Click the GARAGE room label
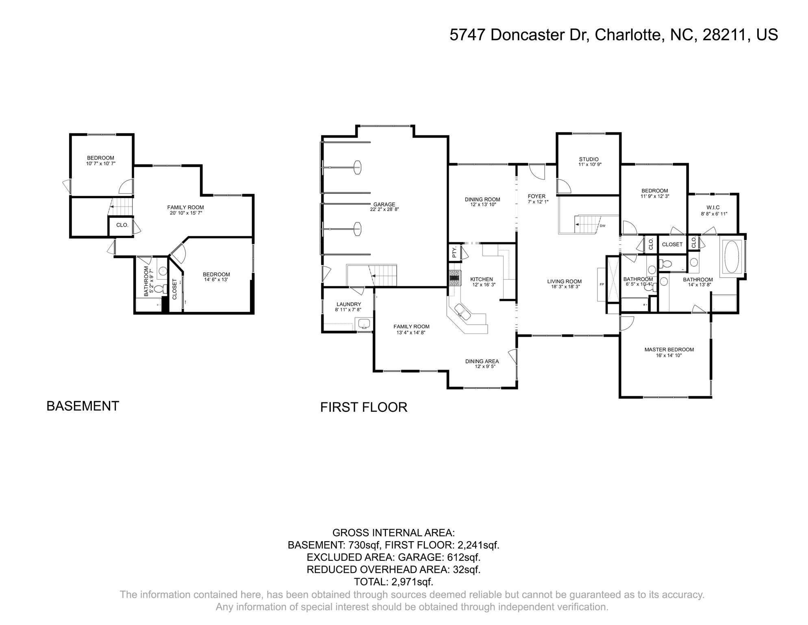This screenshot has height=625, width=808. pos(384,204)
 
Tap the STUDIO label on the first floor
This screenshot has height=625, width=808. pos(589,159)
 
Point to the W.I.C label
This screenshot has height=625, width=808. pos(713,208)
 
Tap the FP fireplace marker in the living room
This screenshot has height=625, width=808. pos(602,284)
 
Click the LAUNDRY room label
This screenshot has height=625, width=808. pos(348,304)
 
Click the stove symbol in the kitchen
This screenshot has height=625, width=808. pos(454,279)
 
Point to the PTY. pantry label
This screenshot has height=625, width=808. pos(454,252)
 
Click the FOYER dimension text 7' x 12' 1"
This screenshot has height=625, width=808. pos(536,202)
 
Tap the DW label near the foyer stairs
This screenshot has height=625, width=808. pos(602,225)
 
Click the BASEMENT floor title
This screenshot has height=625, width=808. pos(83,406)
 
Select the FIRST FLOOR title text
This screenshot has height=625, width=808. pos(363,407)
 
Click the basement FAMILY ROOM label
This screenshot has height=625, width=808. pos(185,207)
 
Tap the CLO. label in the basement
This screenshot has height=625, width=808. pos(122,225)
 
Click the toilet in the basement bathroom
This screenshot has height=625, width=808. pos(159,288)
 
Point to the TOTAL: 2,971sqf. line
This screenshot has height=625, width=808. pos(393,581)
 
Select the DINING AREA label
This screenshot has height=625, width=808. pos(482,361)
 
